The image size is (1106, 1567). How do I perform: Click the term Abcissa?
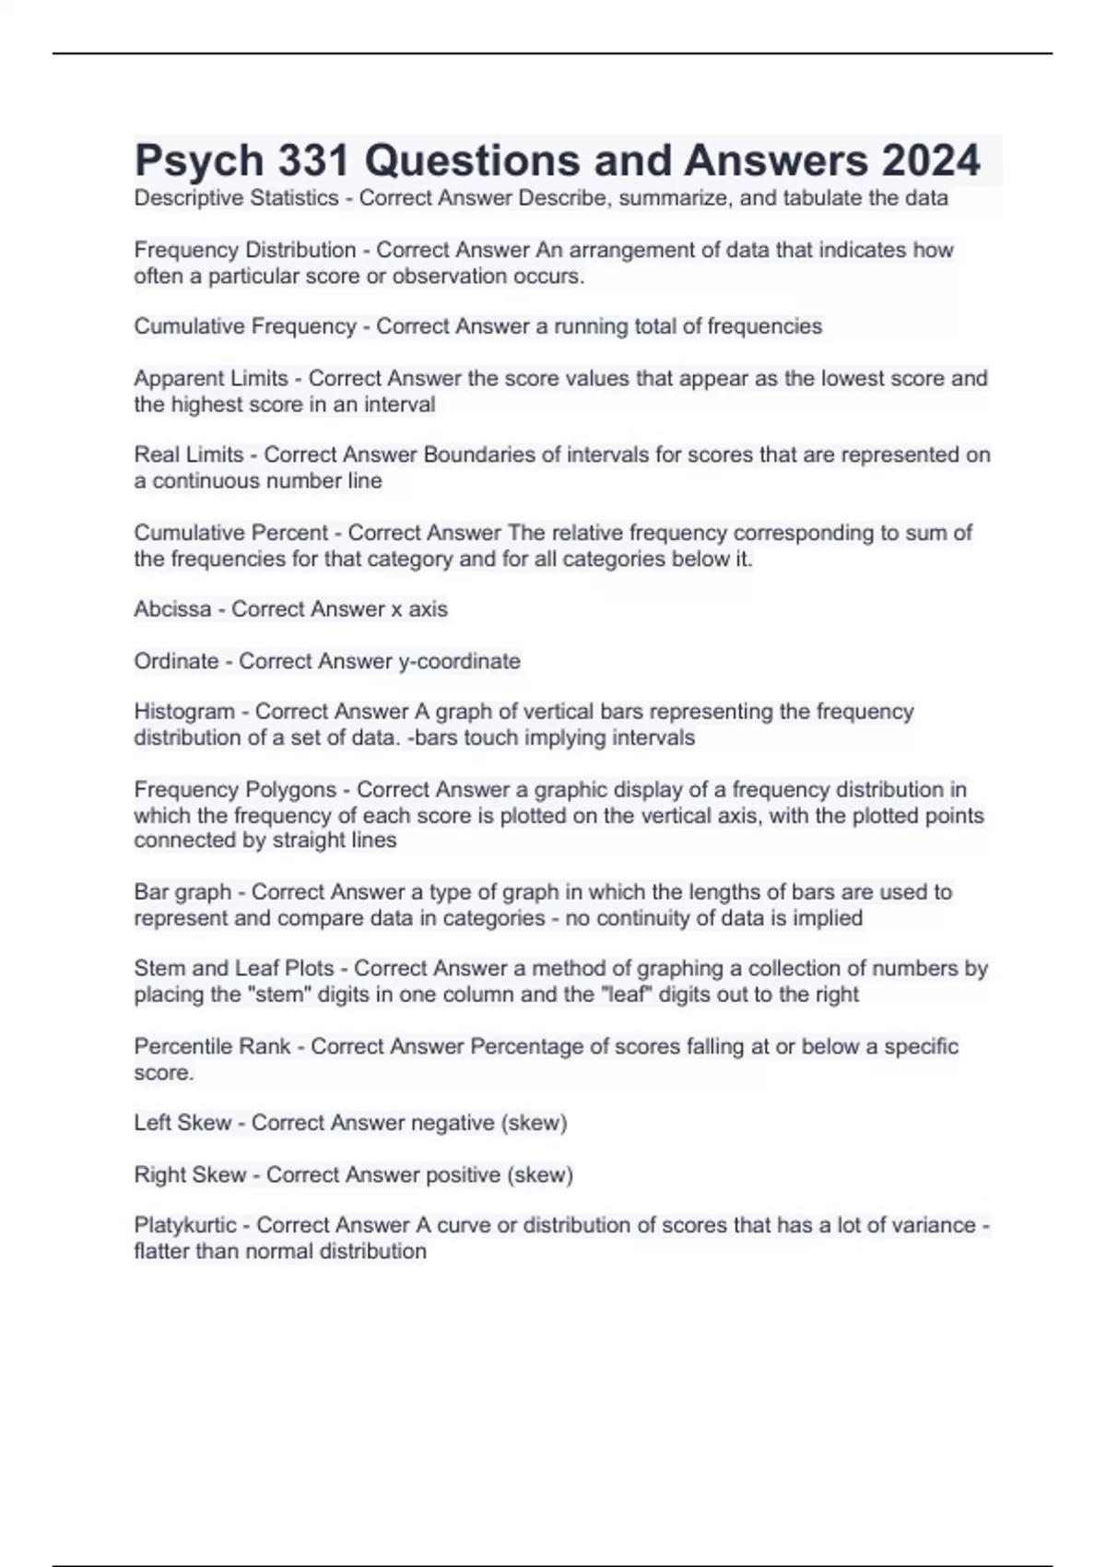pos(172,609)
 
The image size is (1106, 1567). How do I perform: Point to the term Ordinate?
pos(176,661)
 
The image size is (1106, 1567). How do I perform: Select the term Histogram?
pos(184,712)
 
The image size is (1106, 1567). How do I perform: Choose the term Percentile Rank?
pos(212,1046)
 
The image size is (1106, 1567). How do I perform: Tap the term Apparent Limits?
pos(211,378)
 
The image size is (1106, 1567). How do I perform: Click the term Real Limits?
pos(188,454)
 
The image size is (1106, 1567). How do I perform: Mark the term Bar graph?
pos(182,892)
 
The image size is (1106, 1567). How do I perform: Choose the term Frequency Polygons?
pos(235,790)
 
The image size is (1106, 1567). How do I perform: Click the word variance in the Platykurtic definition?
pos(931,1225)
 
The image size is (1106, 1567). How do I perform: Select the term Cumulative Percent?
pos(230,533)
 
